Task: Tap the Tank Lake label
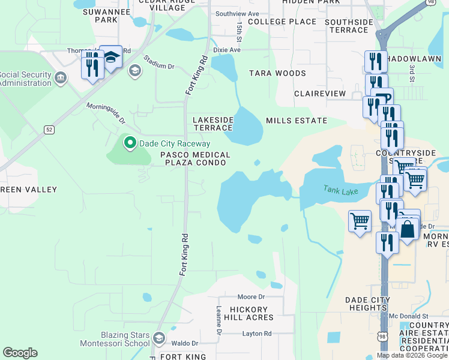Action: (x=340, y=191)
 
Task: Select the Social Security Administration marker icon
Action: (x=61, y=78)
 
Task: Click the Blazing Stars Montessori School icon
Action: (x=159, y=338)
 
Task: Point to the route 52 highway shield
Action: (x=49, y=130)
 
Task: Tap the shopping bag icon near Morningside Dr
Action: (x=408, y=230)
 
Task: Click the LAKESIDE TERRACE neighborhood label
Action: (x=212, y=124)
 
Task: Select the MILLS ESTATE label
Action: (x=297, y=121)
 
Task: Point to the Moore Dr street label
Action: (x=251, y=297)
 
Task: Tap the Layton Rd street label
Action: (x=257, y=334)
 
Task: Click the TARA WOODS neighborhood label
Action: (x=277, y=73)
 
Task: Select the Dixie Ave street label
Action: (x=226, y=50)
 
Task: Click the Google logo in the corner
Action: (x=20, y=353)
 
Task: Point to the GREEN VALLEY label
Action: (x=28, y=190)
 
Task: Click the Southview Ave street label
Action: (x=237, y=13)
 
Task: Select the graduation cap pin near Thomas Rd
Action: (x=110, y=57)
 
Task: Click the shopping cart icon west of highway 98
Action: (x=360, y=221)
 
